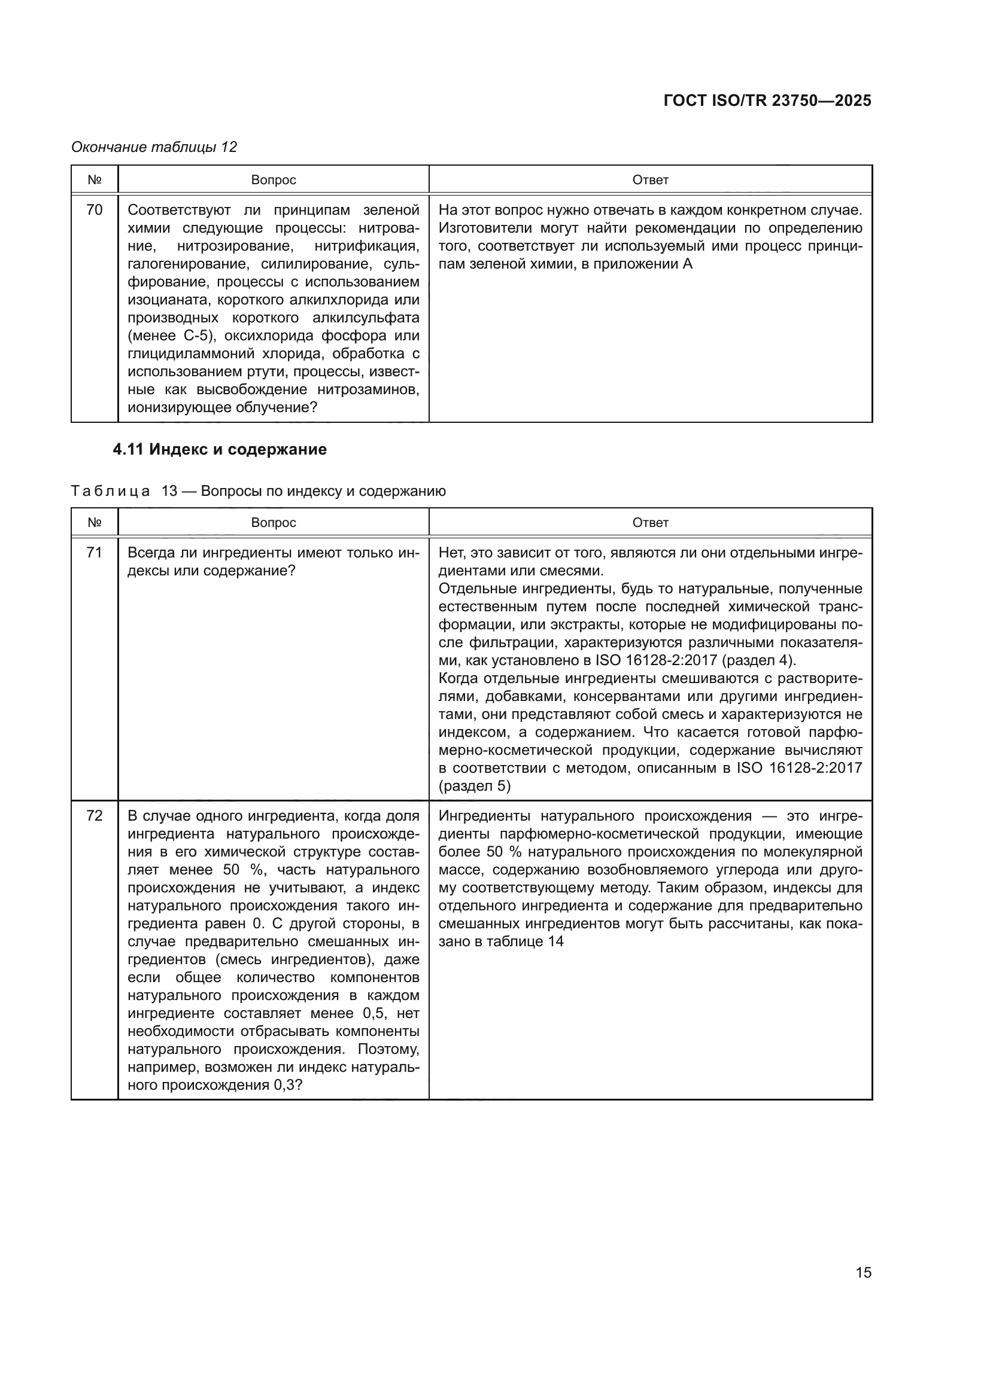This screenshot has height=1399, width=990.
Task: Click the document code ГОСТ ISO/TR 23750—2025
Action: tap(767, 100)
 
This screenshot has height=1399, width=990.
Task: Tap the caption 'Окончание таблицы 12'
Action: tap(154, 147)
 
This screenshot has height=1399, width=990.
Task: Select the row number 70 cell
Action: tap(95, 210)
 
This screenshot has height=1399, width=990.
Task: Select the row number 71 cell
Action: tap(95, 553)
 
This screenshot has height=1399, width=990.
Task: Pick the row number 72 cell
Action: tap(95, 816)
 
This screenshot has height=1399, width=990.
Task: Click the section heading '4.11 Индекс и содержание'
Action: tap(220, 449)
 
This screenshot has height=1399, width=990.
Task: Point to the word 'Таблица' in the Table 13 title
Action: tap(110, 491)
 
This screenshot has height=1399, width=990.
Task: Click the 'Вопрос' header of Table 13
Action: tap(273, 523)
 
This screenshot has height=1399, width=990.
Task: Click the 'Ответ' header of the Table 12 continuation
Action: tap(650, 180)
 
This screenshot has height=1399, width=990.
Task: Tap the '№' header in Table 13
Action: tap(95, 523)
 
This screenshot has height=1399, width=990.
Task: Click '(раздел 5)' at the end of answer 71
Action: tap(474, 786)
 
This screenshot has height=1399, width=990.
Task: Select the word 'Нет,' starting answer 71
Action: tap(452, 553)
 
